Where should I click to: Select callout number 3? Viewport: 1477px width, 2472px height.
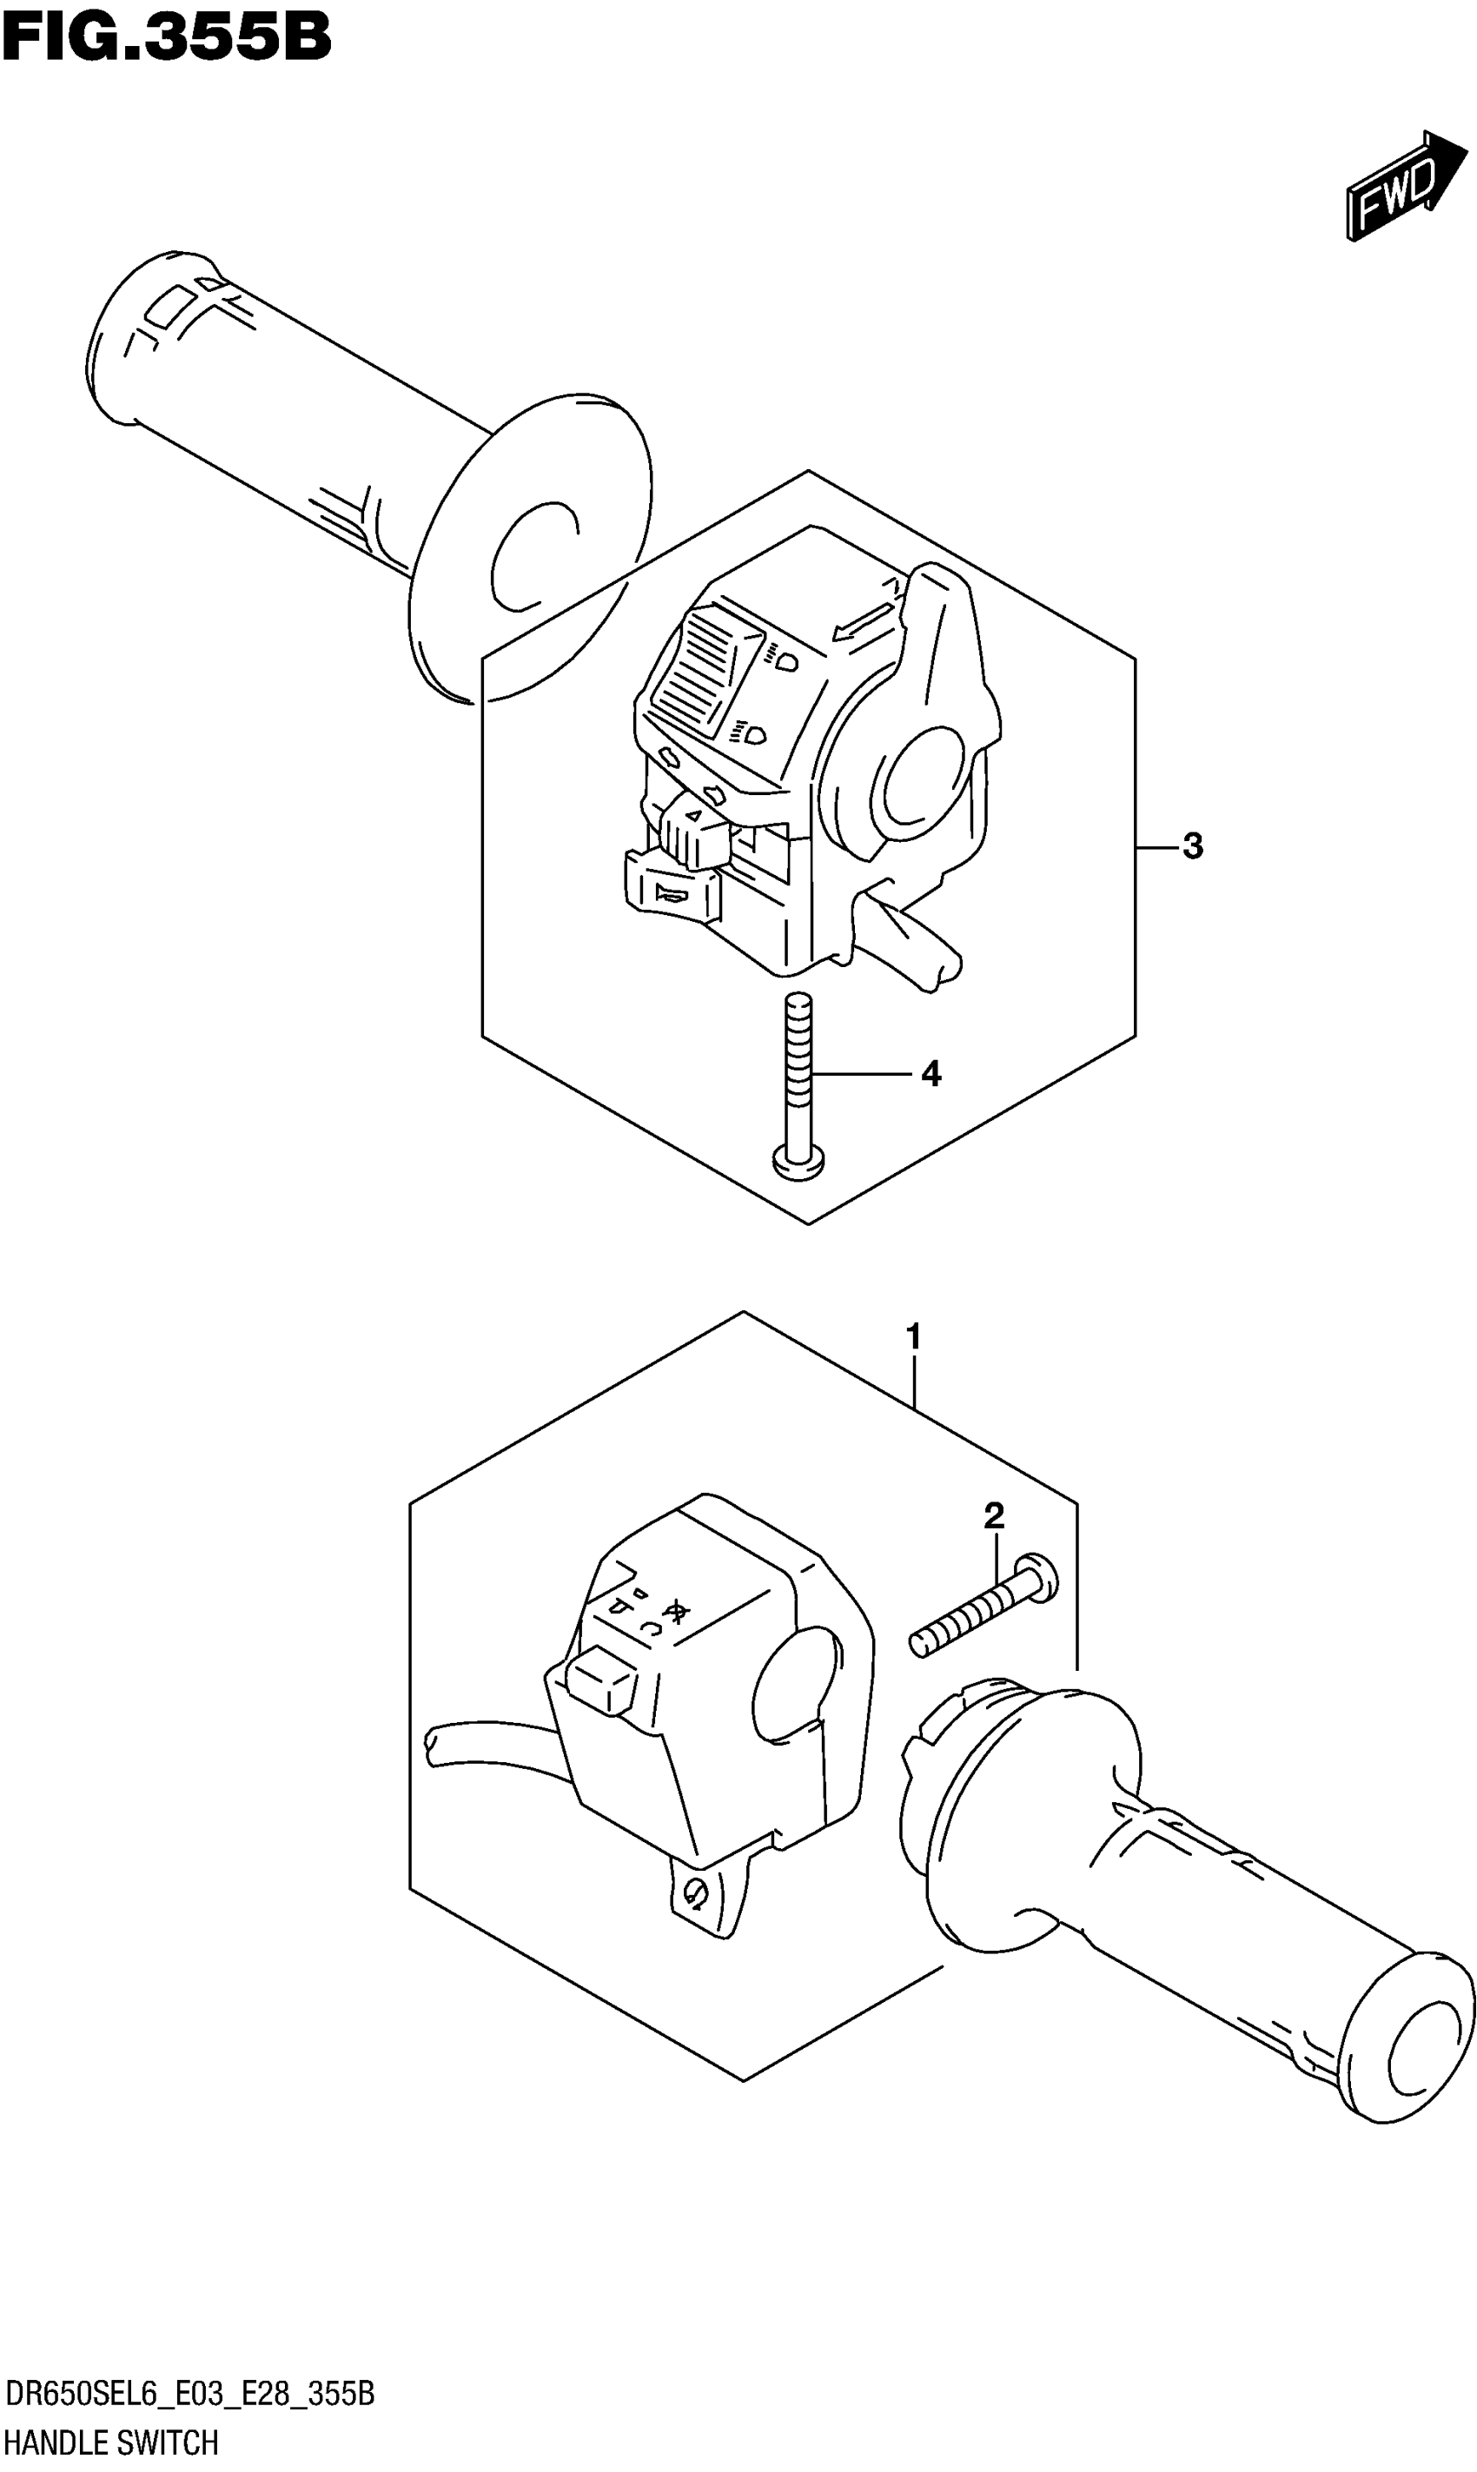click(1192, 847)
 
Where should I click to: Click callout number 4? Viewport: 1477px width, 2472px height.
click(931, 1074)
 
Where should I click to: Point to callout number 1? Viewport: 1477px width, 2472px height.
click(914, 1337)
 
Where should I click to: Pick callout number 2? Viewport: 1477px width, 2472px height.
click(993, 1516)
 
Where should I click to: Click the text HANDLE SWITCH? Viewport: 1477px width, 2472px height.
click(111, 2440)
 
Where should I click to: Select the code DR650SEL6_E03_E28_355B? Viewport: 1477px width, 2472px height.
click(189, 2392)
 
